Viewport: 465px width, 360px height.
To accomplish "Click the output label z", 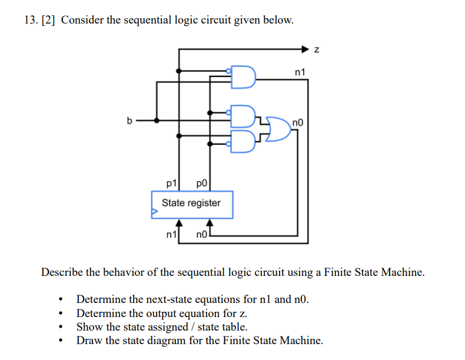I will click(316, 50).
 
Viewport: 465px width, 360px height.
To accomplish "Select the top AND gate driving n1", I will click(243, 77).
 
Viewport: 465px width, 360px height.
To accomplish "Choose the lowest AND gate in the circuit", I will click(243, 141).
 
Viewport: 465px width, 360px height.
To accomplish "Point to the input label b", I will click(130, 121).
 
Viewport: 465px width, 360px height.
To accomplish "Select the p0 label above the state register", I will click(201, 183).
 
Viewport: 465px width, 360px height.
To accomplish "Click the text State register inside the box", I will click(191, 203).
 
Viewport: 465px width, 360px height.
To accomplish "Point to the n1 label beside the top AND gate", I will click(300, 72).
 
